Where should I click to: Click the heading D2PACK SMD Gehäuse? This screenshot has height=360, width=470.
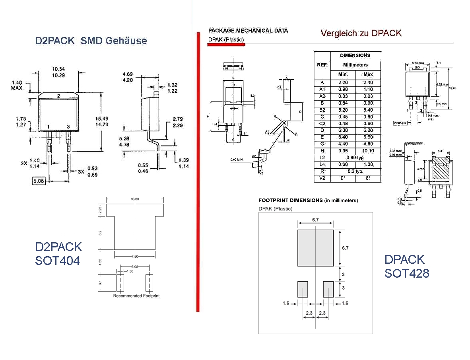(x=91, y=41)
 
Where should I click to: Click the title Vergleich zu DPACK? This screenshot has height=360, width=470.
(x=361, y=33)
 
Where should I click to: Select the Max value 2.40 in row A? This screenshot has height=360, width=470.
(x=368, y=82)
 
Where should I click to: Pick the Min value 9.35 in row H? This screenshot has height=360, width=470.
(x=343, y=151)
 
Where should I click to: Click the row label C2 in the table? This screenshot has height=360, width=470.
(x=322, y=123)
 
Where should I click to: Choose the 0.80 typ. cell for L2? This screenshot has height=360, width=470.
(x=355, y=158)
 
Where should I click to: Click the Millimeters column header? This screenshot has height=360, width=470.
(x=355, y=65)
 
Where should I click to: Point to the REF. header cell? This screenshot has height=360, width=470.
(x=322, y=65)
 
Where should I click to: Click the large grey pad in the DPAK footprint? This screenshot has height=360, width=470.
(x=315, y=248)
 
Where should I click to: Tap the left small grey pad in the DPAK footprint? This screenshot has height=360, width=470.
(x=303, y=289)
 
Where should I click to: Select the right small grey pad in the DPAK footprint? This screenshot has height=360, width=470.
(x=328, y=289)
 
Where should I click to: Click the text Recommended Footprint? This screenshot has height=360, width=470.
(x=136, y=296)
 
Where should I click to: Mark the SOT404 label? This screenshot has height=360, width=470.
(x=57, y=261)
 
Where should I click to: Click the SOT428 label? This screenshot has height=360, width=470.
(x=406, y=273)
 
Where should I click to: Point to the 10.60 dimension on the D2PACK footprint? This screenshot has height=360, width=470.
(x=135, y=199)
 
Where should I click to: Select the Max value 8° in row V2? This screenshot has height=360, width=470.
(x=368, y=178)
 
